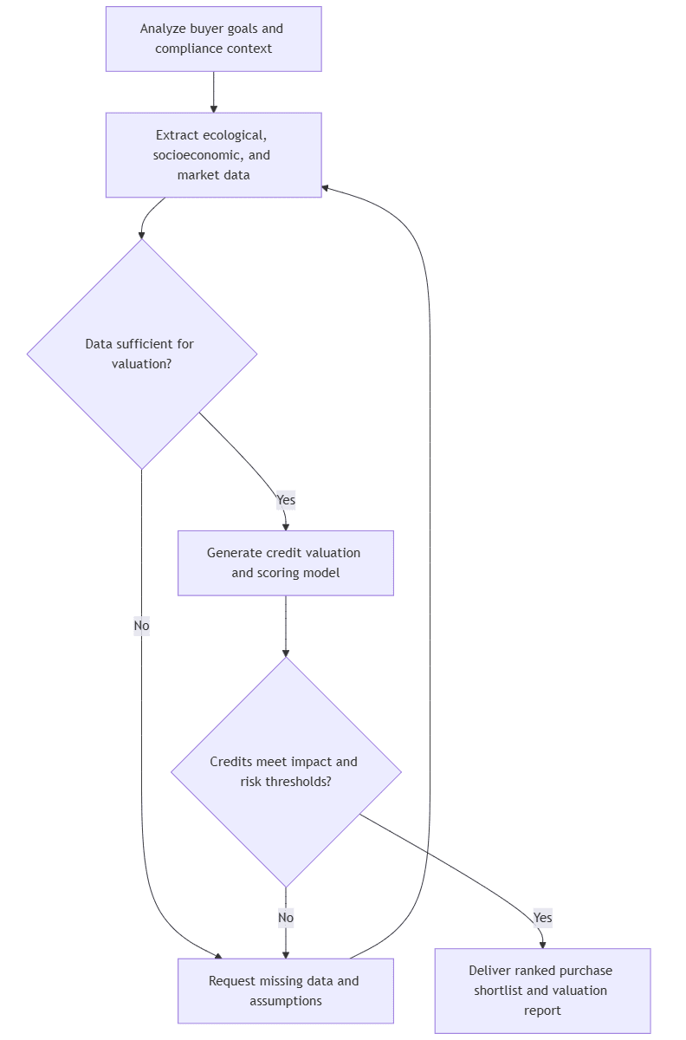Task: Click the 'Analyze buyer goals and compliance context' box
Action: click(x=213, y=39)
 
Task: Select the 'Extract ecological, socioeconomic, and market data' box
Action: click(x=213, y=155)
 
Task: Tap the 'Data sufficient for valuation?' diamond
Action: click(x=142, y=354)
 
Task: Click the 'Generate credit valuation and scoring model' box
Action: click(x=285, y=562)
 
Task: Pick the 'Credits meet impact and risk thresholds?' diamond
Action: click(x=286, y=771)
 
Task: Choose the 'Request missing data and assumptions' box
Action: click(x=285, y=991)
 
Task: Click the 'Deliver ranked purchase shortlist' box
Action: click(x=542, y=991)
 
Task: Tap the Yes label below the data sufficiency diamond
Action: click(x=286, y=500)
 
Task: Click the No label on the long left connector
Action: click(x=141, y=626)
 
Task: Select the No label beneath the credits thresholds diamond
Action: click(x=286, y=918)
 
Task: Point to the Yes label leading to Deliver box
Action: click(x=542, y=918)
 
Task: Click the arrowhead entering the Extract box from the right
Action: click(x=327, y=187)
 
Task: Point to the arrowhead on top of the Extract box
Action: click(x=213, y=107)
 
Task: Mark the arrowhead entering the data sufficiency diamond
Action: click(x=142, y=233)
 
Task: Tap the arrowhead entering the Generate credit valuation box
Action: click(x=286, y=525)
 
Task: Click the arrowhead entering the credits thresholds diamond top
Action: click(x=286, y=652)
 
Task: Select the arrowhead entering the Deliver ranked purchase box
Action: click(x=543, y=944)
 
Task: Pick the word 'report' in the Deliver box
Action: click(x=542, y=1011)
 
